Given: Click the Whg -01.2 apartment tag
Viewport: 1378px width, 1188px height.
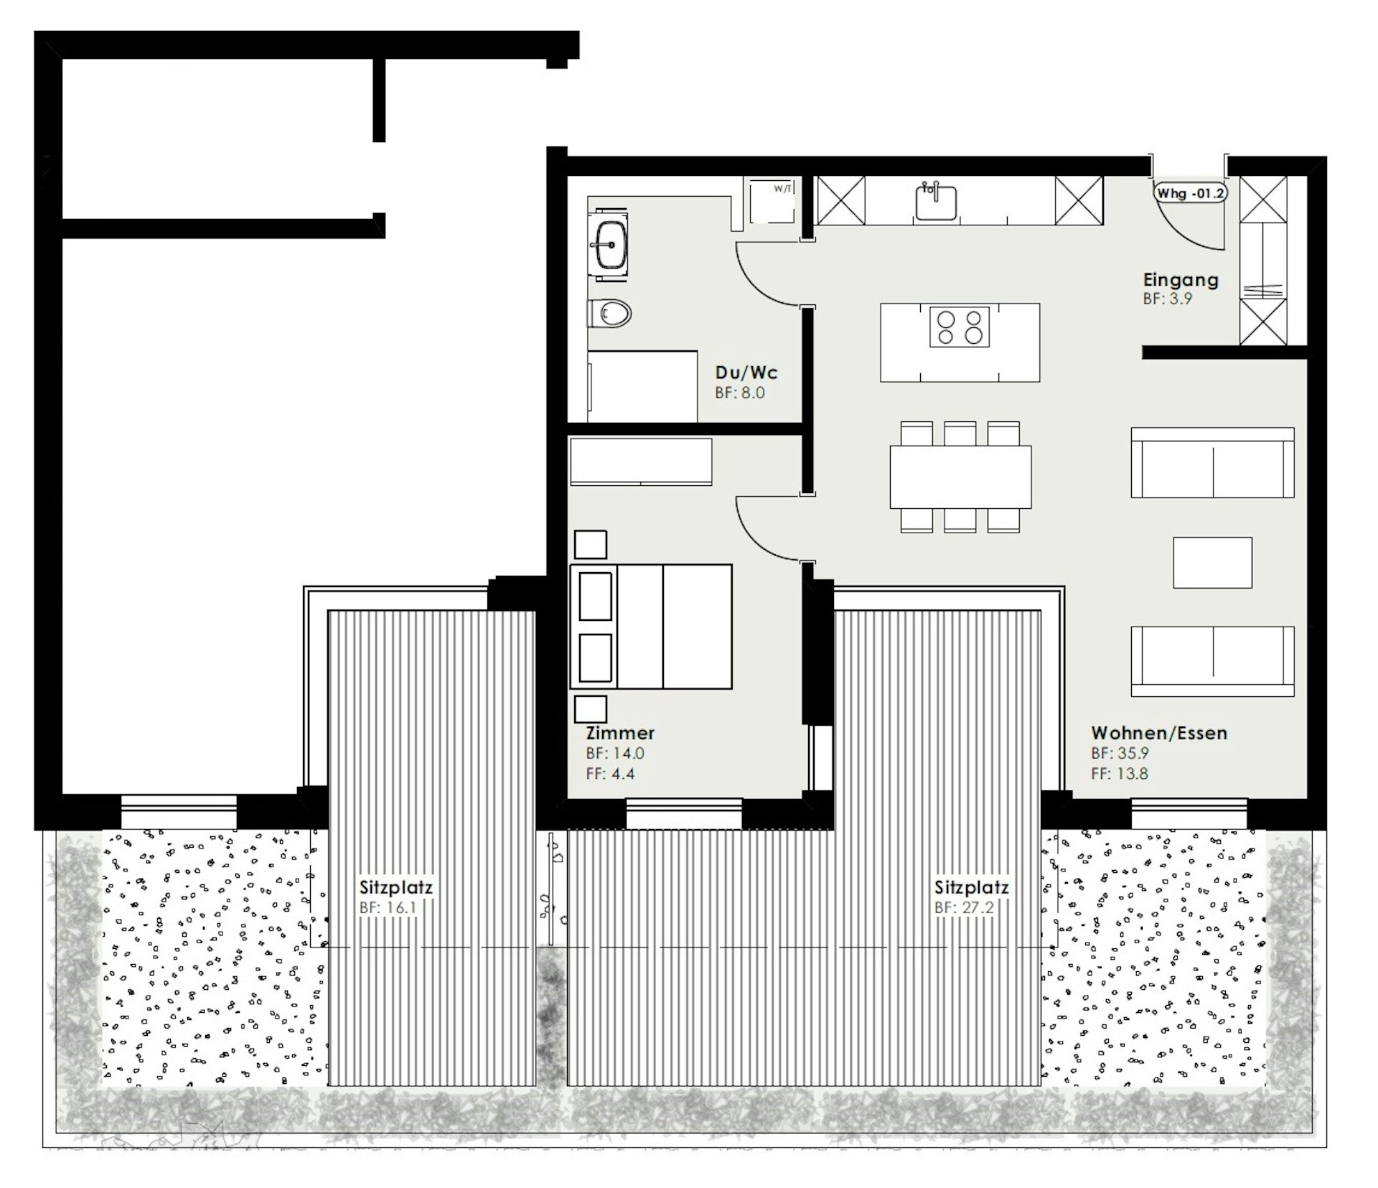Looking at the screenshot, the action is point(1189,194).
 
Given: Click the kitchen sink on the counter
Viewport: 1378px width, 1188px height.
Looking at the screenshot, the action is point(936,202).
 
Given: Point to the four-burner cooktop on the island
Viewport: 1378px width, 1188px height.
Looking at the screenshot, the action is point(960,327).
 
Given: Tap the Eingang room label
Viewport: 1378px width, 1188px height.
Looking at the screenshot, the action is point(1181,280).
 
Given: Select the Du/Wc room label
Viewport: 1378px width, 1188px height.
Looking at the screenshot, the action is point(746,373).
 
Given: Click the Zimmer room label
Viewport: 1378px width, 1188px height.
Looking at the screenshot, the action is point(620,733).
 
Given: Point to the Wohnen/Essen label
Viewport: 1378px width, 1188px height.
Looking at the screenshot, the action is point(1159,733).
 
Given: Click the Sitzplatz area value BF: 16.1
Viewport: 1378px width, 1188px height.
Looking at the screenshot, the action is point(388,907).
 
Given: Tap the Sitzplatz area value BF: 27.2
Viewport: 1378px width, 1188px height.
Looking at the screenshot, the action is point(964,907).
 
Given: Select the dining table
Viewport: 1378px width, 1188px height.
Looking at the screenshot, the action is point(960,477).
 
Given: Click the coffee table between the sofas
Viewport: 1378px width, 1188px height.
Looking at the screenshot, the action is point(1213,562).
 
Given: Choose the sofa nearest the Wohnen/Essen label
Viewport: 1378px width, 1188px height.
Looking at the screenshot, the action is point(1213,661).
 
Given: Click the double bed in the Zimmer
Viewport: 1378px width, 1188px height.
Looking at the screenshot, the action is point(651,626).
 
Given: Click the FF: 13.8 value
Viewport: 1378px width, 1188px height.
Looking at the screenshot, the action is point(1120,774).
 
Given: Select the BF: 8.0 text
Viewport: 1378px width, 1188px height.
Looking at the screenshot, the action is point(740,393).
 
